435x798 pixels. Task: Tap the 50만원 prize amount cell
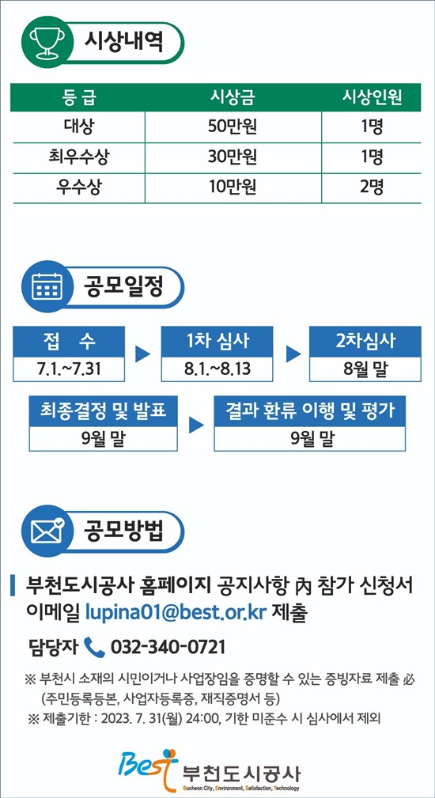(x=233, y=127)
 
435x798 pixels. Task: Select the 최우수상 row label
(x=78, y=157)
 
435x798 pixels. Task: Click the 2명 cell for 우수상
(x=372, y=188)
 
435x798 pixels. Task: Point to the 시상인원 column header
(x=372, y=97)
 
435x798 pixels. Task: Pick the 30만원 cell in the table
(x=233, y=157)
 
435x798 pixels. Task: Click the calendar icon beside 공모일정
(x=47, y=287)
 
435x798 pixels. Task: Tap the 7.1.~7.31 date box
(x=69, y=369)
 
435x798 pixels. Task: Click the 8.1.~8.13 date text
(x=217, y=369)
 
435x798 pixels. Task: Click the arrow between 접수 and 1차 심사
(x=142, y=354)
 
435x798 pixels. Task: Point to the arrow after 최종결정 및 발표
(x=196, y=425)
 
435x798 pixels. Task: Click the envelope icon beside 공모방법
(x=47, y=531)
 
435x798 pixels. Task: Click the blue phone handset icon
(x=93, y=647)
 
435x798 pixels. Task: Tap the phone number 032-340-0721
(x=168, y=648)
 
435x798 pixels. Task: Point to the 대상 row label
(x=78, y=127)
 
